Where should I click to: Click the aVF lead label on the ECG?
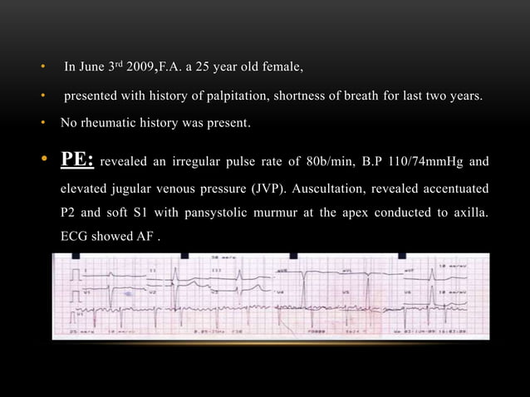click(x=409, y=271)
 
